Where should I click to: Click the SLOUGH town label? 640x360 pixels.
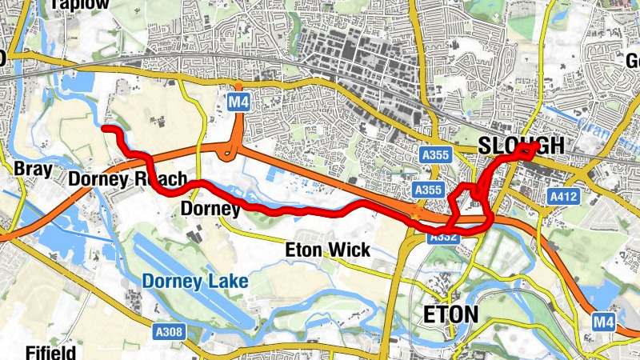point(521,146)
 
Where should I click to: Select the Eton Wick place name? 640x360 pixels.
point(328,250)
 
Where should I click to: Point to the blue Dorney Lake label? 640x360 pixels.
point(195,281)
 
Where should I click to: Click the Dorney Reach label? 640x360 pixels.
point(127,178)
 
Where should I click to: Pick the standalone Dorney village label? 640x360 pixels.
point(211,210)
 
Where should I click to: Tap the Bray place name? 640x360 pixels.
point(33,169)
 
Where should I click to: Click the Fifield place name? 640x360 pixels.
point(50,352)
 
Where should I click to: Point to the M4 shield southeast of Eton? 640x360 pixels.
point(605,321)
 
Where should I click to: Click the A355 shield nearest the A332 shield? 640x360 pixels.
point(428,190)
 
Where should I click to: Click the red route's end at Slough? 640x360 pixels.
point(534,146)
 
